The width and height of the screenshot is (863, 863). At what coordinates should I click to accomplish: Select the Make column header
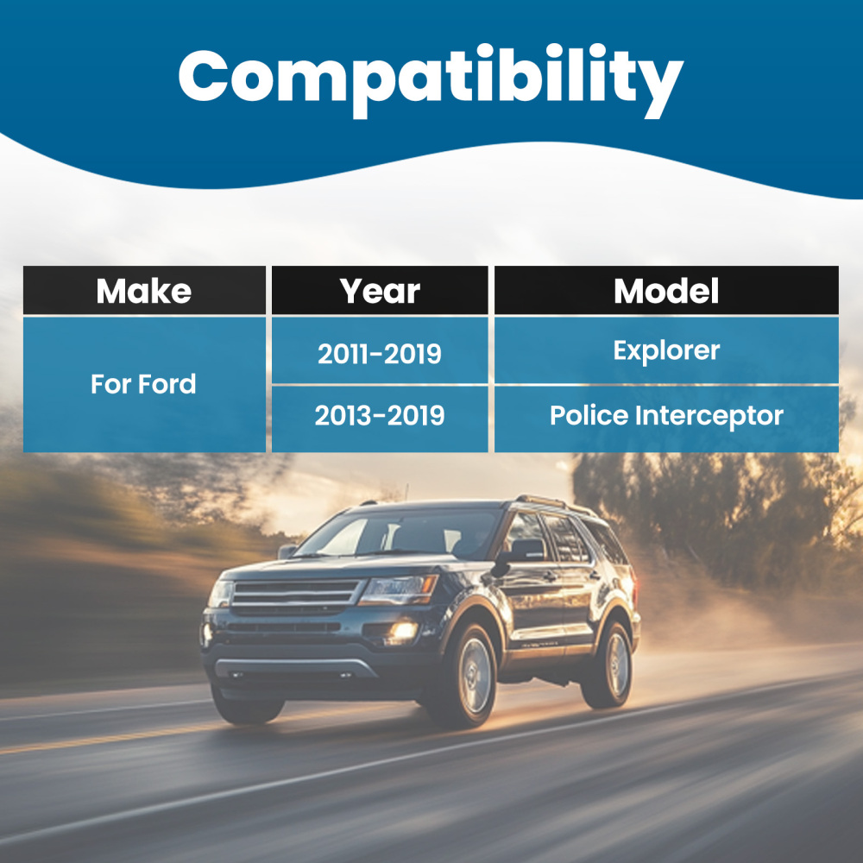click(x=144, y=290)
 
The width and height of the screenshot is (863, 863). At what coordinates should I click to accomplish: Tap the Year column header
click(x=380, y=290)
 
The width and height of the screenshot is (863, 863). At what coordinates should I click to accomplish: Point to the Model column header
click(x=666, y=290)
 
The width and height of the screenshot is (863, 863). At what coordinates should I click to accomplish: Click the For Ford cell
click(x=144, y=384)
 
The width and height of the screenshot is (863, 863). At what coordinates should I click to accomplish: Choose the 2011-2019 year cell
click(x=380, y=350)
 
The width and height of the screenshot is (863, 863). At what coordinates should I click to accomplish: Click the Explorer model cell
click(x=666, y=350)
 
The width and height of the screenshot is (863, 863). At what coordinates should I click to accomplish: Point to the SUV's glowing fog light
click(x=403, y=631)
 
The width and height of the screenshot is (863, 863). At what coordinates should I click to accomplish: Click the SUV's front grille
click(x=296, y=595)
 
